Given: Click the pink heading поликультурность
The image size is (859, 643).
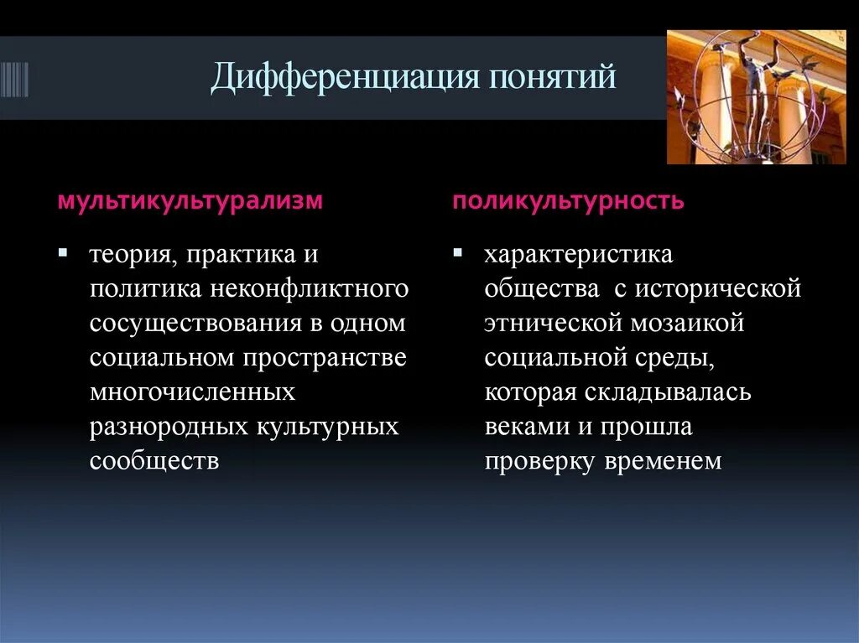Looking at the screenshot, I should (x=568, y=202).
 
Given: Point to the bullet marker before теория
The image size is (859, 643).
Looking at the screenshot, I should (x=63, y=252).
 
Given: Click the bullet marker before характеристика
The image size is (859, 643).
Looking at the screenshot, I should (x=457, y=252).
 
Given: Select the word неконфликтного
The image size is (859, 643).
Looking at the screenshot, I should (x=310, y=288).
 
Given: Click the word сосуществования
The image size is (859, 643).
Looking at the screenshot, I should (x=195, y=323).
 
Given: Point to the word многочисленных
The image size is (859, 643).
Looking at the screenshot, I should (x=192, y=392).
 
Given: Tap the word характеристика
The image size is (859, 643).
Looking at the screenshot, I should (x=578, y=254).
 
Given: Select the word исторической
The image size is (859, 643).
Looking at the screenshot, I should (x=717, y=288).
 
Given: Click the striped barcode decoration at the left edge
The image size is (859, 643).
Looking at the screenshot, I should (x=14, y=80).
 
